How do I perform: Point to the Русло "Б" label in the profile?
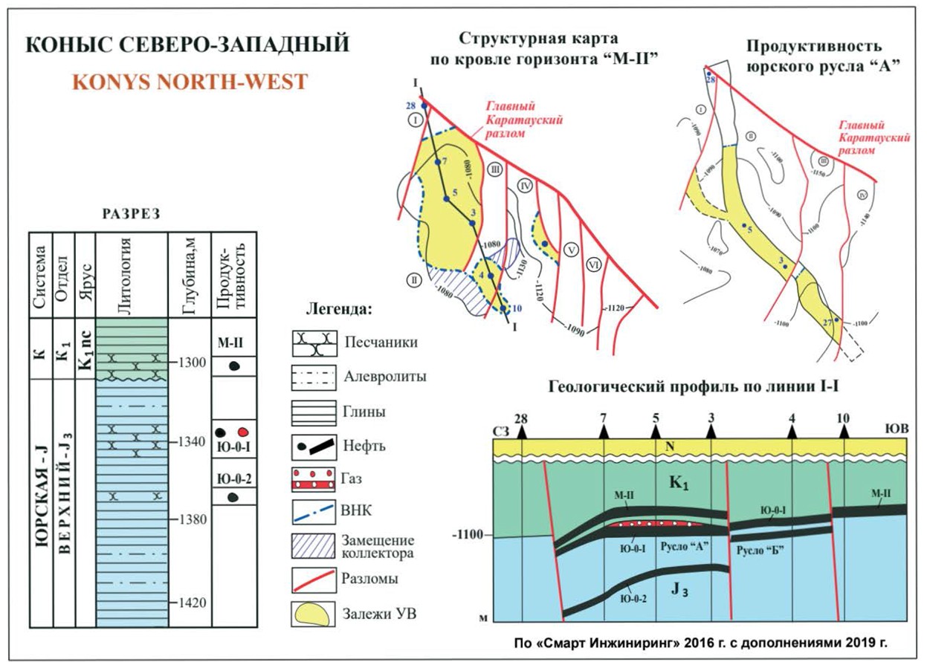[758, 549]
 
